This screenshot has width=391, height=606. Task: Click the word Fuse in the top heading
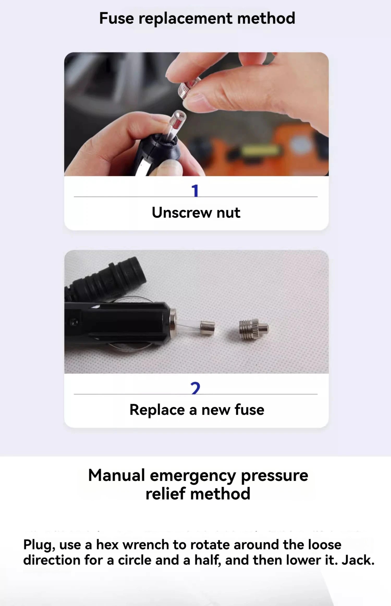point(116,18)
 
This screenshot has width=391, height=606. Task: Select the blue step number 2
point(195,388)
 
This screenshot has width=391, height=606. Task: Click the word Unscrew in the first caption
point(182,212)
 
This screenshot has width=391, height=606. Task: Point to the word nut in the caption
point(228,213)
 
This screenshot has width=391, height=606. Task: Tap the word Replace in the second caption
point(157,410)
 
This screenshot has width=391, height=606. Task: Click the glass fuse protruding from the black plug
point(195,327)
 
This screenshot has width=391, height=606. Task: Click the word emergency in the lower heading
point(193,476)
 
